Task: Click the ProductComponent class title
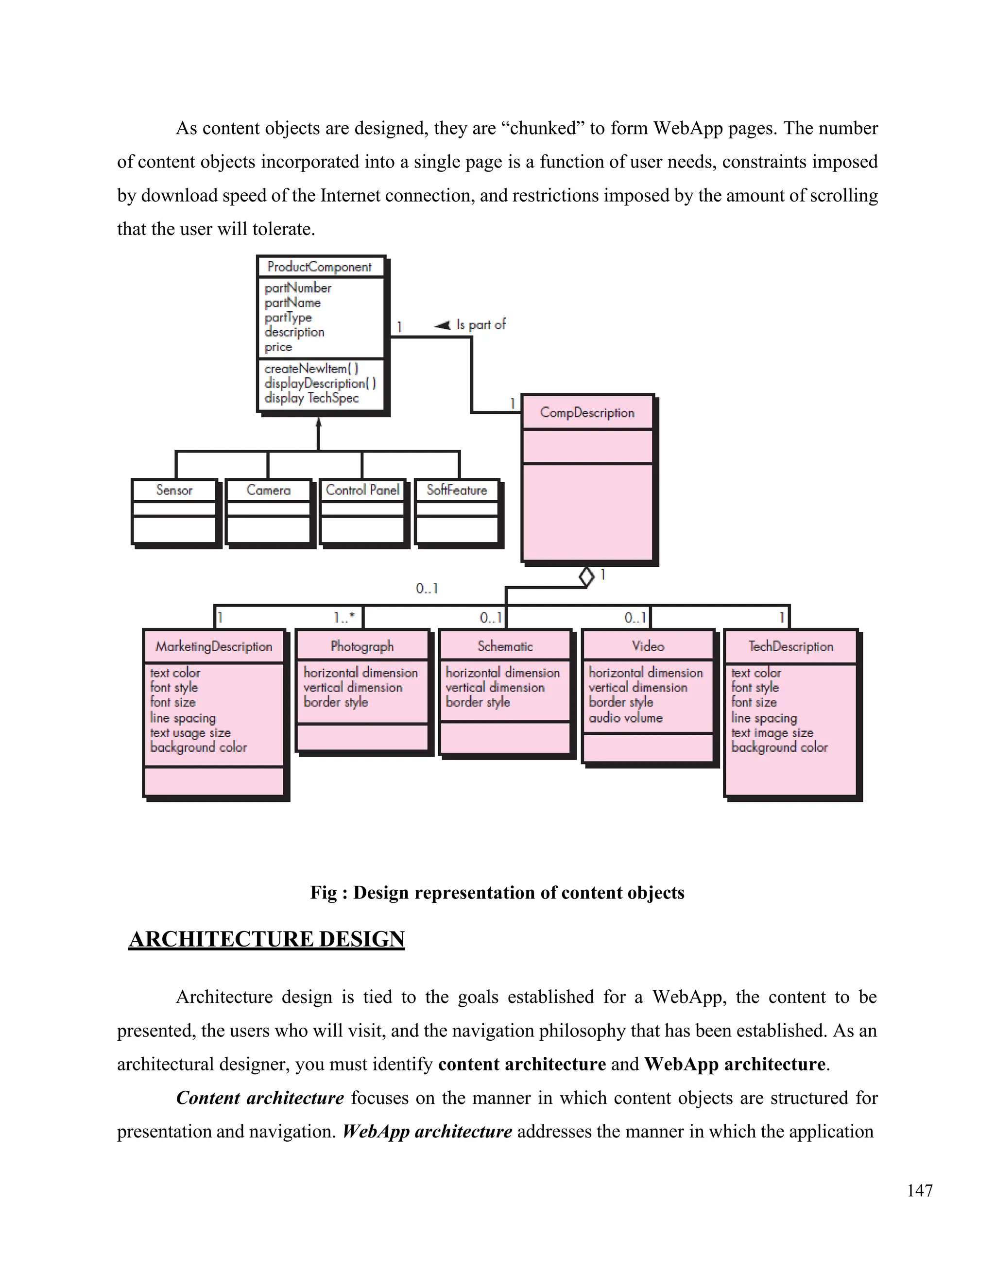click(320, 267)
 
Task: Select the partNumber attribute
click(298, 288)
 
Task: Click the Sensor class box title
click(174, 491)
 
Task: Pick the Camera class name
click(268, 491)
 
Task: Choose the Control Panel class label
click(362, 491)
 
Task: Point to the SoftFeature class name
click(457, 491)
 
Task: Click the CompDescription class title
click(587, 412)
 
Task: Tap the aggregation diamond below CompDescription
click(586, 576)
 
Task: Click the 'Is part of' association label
click(480, 325)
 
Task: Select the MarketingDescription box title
click(214, 646)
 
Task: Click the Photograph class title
click(362, 646)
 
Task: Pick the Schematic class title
click(505, 646)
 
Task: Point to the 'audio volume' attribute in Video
click(625, 718)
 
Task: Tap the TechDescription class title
click(791, 646)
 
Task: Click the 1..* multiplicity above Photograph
click(344, 618)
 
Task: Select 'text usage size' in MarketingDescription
click(190, 733)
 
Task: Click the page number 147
click(920, 1190)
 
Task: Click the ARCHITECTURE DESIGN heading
click(266, 939)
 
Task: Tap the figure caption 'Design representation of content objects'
click(497, 893)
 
